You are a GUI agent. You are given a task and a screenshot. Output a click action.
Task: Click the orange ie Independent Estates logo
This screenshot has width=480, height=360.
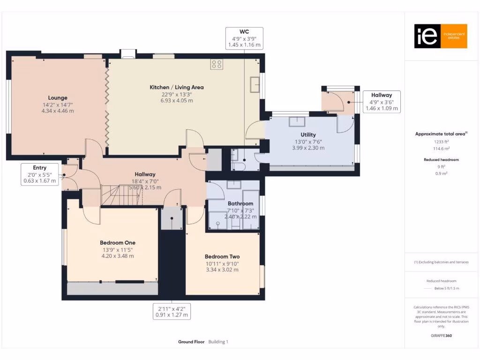click(440, 36)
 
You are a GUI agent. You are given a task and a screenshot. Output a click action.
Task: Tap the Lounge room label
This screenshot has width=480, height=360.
click(57, 98)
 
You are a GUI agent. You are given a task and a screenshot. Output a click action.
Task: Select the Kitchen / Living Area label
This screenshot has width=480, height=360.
click(176, 87)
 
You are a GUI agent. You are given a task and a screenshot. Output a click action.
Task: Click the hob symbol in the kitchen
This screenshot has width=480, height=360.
click(217, 64)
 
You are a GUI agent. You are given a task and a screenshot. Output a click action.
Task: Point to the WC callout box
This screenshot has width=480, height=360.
click(244, 38)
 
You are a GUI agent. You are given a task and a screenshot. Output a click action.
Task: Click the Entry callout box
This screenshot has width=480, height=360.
click(40, 173)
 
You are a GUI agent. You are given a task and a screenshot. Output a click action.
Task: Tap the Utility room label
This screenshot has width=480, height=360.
click(305, 135)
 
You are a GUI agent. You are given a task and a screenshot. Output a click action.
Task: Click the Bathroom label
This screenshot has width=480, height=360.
click(240, 203)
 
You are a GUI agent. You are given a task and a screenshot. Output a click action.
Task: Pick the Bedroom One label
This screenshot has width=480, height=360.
click(118, 242)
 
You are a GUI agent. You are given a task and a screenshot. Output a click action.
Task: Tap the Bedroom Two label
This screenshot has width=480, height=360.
click(222, 256)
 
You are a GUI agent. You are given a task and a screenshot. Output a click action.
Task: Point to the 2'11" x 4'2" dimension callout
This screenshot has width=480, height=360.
click(172, 312)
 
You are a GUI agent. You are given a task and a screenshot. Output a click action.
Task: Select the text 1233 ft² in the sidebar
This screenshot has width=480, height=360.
click(441, 141)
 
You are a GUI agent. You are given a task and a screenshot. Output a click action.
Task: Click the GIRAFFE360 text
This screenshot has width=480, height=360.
click(441, 336)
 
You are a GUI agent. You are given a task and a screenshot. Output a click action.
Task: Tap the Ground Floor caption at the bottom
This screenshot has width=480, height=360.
click(191, 342)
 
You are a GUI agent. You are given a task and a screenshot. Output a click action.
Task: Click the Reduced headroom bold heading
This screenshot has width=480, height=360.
click(441, 160)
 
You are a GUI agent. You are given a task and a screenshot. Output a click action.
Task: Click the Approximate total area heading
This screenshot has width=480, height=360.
click(441, 134)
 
